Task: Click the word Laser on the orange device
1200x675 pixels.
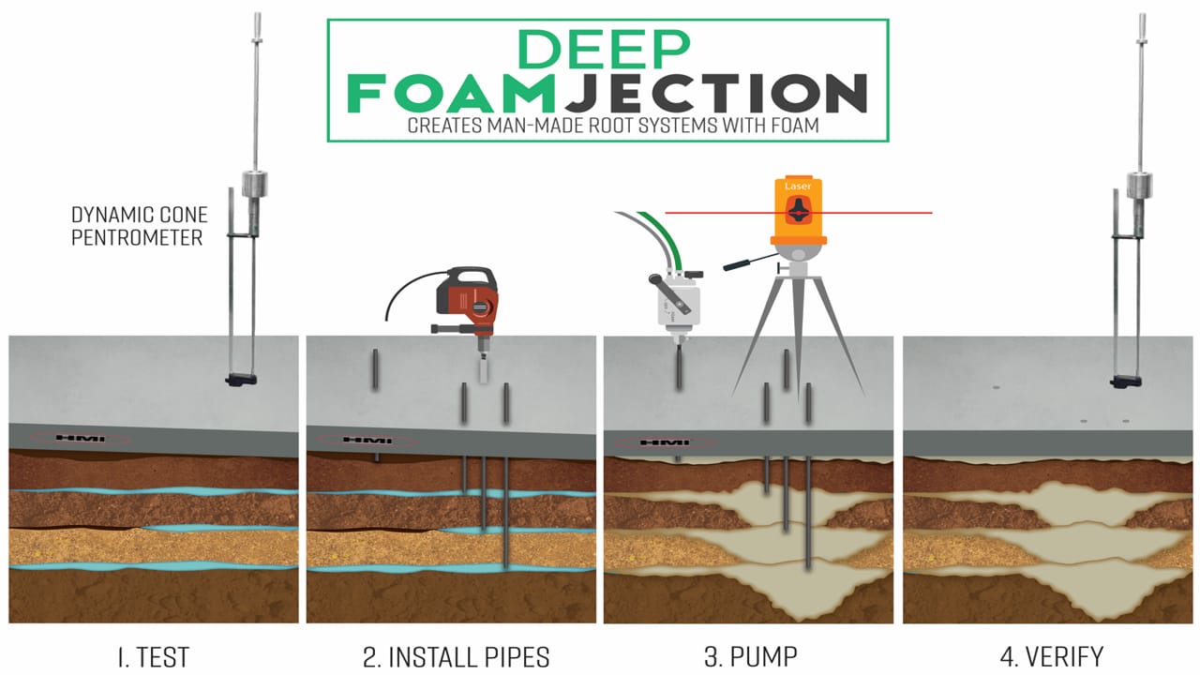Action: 798,187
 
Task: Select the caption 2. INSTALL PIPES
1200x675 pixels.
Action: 457,655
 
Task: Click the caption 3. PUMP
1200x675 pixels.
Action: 752,655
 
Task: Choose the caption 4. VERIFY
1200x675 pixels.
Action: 1051,655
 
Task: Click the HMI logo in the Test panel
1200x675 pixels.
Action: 82,438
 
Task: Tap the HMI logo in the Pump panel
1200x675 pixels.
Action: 667,442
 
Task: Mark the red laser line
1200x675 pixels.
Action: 881,213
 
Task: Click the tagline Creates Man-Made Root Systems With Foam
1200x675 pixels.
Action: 607,126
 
